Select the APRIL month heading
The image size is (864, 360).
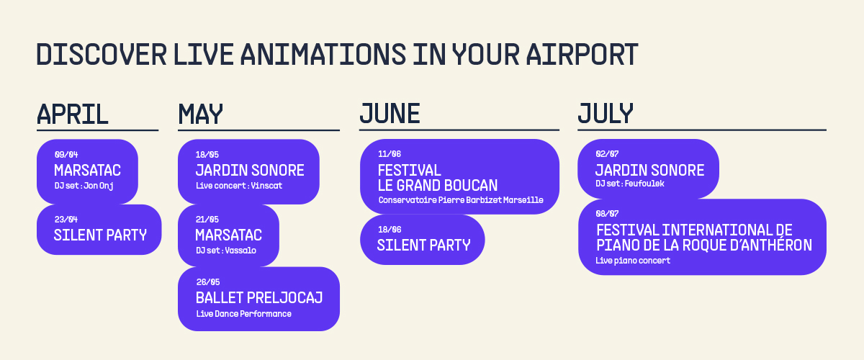tap(73, 114)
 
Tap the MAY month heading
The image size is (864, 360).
tap(201, 114)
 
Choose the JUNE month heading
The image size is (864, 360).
tap(390, 114)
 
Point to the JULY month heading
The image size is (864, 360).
tap(606, 114)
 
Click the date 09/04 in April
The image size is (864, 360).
tap(66, 154)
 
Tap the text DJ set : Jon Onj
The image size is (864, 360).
tap(84, 186)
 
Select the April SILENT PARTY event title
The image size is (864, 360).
tap(100, 235)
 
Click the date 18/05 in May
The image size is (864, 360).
tap(207, 154)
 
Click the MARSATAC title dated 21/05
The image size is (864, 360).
tap(228, 235)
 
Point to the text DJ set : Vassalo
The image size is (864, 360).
tap(226, 251)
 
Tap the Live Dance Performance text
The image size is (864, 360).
tap(243, 313)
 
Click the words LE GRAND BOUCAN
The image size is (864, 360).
tap(438, 185)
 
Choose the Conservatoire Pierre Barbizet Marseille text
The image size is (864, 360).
tap(461, 200)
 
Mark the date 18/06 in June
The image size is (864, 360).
tap(389, 229)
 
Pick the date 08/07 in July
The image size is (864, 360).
tap(608, 214)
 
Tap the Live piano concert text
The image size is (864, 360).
tap(633, 261)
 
